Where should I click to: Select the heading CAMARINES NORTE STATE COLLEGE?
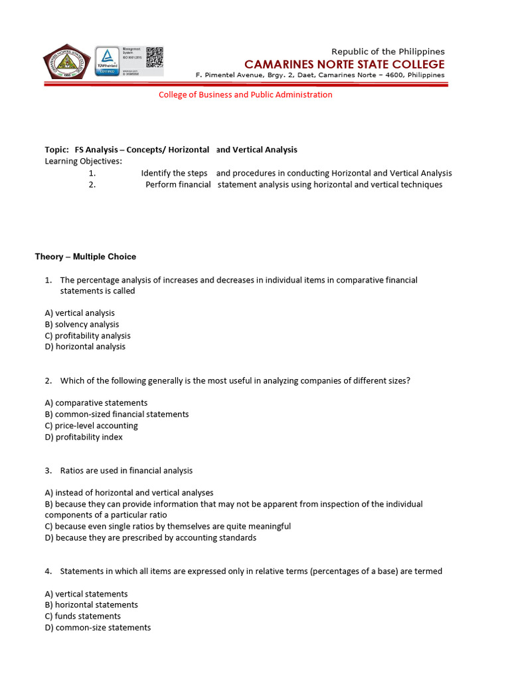pos(344,64)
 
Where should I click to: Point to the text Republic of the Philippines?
pos(388,51)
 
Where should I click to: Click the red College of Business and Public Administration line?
pos(245,94)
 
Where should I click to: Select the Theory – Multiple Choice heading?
pos(86,257)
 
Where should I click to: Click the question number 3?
pos(48,470)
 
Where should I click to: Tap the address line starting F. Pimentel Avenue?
pos(320,75)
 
